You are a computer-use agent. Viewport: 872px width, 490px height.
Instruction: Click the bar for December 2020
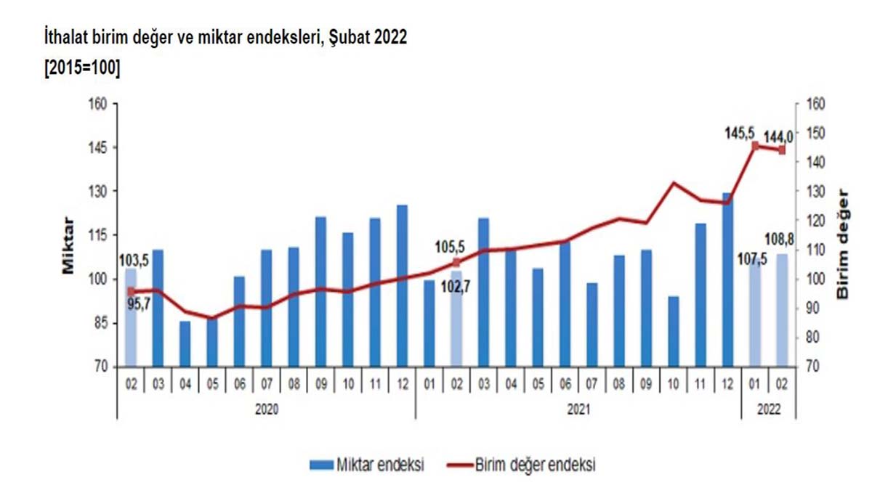[x=402, y=286]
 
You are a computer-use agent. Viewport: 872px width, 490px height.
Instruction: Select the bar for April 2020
[x=185, y=344]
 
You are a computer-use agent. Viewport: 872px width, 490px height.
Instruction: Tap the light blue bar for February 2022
[x=782, y=311]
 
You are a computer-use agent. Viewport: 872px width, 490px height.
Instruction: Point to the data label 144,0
[x=778, y=135]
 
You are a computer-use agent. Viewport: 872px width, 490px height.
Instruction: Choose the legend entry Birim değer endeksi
[x=535, y=465]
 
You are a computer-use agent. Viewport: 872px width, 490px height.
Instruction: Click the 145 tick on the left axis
[x=97, y=148]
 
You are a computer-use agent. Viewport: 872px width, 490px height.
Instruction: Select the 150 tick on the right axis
[x=816, y=134]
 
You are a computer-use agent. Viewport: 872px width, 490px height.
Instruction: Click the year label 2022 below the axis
[x=768, y=409]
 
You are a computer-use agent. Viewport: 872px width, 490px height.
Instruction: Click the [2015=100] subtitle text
[x=82, y=67]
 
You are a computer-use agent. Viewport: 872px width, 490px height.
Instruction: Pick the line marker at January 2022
[x=755, y=146]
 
